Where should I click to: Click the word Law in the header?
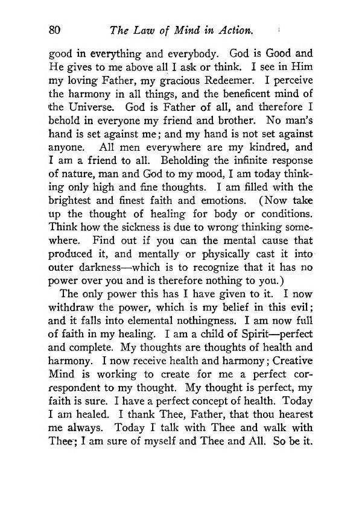point(139,28)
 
